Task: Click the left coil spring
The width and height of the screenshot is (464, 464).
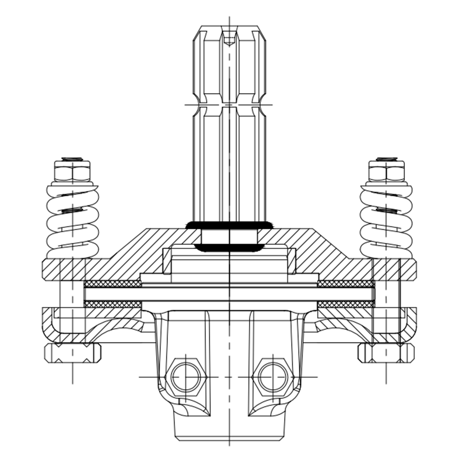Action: (x=72, y=220)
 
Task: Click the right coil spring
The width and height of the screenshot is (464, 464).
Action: (x=386, y=220)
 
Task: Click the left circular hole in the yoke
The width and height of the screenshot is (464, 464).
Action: (x=186, y=377)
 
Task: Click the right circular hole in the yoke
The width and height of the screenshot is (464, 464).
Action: (x=273, y=377)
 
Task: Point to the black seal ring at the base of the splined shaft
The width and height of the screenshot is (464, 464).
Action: (x=229, y=225)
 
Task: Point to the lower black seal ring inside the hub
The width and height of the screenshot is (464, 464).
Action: (x=229, y=247)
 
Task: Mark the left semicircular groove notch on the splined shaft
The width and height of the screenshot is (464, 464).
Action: (x=196, y=104)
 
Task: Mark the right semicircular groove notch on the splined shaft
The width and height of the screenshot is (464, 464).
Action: (x=263, y=104)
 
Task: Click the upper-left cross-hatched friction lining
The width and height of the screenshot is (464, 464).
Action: (x=112, y=283)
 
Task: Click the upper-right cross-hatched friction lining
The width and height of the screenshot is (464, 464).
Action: (x=345, y=283)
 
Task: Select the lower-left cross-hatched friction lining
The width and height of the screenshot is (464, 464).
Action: (x=112, y=304)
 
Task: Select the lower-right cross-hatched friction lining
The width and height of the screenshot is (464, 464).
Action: (x=345, y=304)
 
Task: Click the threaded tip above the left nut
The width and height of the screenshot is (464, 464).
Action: (x=72, y=159)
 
